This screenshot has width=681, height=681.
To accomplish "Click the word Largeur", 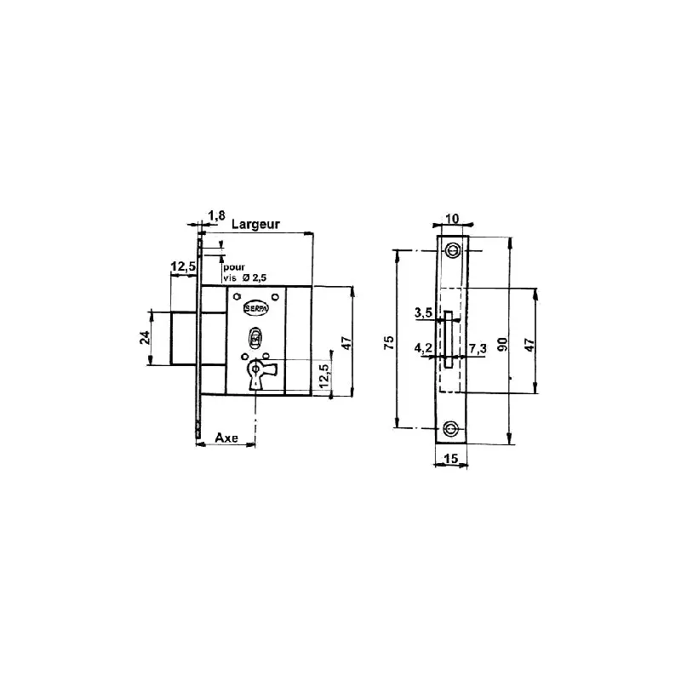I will point(255,224).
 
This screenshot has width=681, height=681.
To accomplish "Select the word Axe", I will point(226,438).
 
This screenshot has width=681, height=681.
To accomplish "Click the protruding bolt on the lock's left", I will point(186,337).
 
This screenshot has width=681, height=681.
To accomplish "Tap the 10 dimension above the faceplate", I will point(452,219).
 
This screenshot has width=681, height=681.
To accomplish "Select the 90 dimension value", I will point(503,344).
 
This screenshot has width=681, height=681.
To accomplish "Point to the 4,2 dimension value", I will point(422,348).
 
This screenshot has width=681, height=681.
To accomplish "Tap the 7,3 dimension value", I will point(478,348).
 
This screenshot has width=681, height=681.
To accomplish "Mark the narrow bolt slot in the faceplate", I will point(446,339).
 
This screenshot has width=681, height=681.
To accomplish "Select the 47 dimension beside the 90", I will point(529,344).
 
